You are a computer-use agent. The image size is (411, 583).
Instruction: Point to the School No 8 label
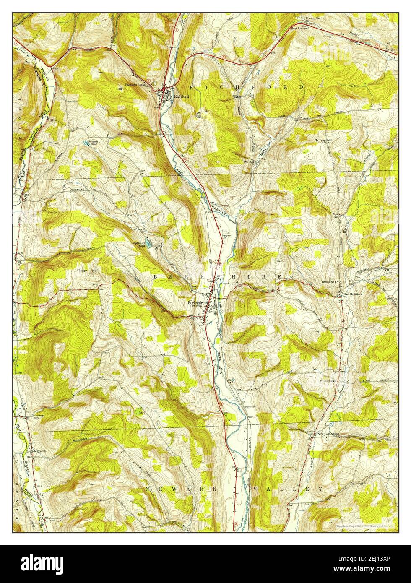tap(331, 281)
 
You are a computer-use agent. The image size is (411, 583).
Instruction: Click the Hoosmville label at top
tap(312, 19)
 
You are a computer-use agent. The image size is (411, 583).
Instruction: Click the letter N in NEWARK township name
tap(148, 489)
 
